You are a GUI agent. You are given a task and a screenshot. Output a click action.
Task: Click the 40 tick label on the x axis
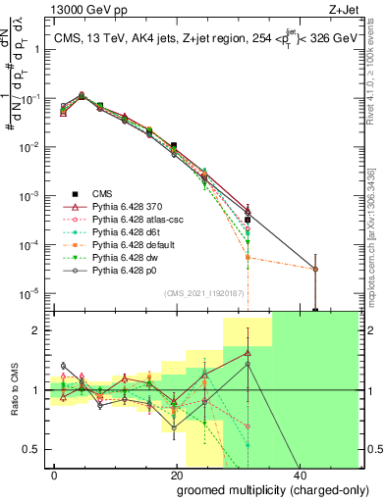(297, 476)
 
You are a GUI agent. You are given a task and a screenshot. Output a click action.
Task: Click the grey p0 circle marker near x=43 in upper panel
(314, 269)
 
